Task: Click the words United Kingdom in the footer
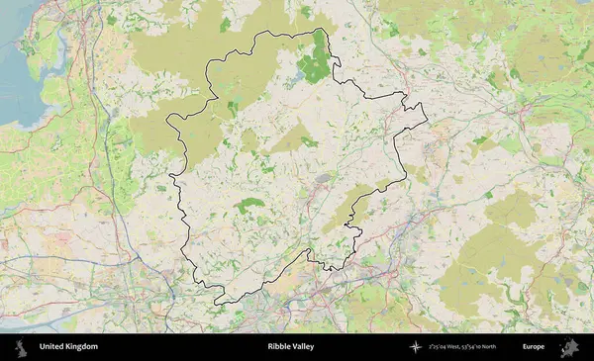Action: [68, 347]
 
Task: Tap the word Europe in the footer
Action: [534, 347]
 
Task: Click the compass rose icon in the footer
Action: [416, 347]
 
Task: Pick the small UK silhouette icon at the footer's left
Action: [20, 347]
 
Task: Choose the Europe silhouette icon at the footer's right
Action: [569, 347]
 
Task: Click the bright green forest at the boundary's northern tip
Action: [317, 59]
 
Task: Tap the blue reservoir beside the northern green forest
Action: [298, 73]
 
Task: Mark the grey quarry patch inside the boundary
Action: [323, 179]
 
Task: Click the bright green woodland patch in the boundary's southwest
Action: [248, 206]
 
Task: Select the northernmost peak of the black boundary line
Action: [319, 29]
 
